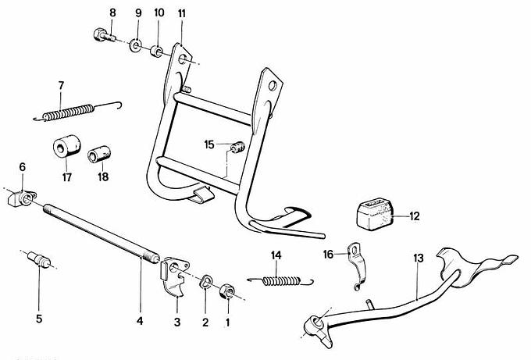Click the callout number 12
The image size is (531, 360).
click(x=414, y=216)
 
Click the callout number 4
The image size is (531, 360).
click(x=141, y=322)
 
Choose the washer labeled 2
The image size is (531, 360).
click(x=208, y=281)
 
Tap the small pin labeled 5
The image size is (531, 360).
click(x=40, y=261)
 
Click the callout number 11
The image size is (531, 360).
click(x=181, y=13)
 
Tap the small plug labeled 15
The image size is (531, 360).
click(x=237, y=146)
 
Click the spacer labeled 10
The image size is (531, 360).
click(x=157, y=52)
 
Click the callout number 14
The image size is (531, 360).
click(x=276, y=255)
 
